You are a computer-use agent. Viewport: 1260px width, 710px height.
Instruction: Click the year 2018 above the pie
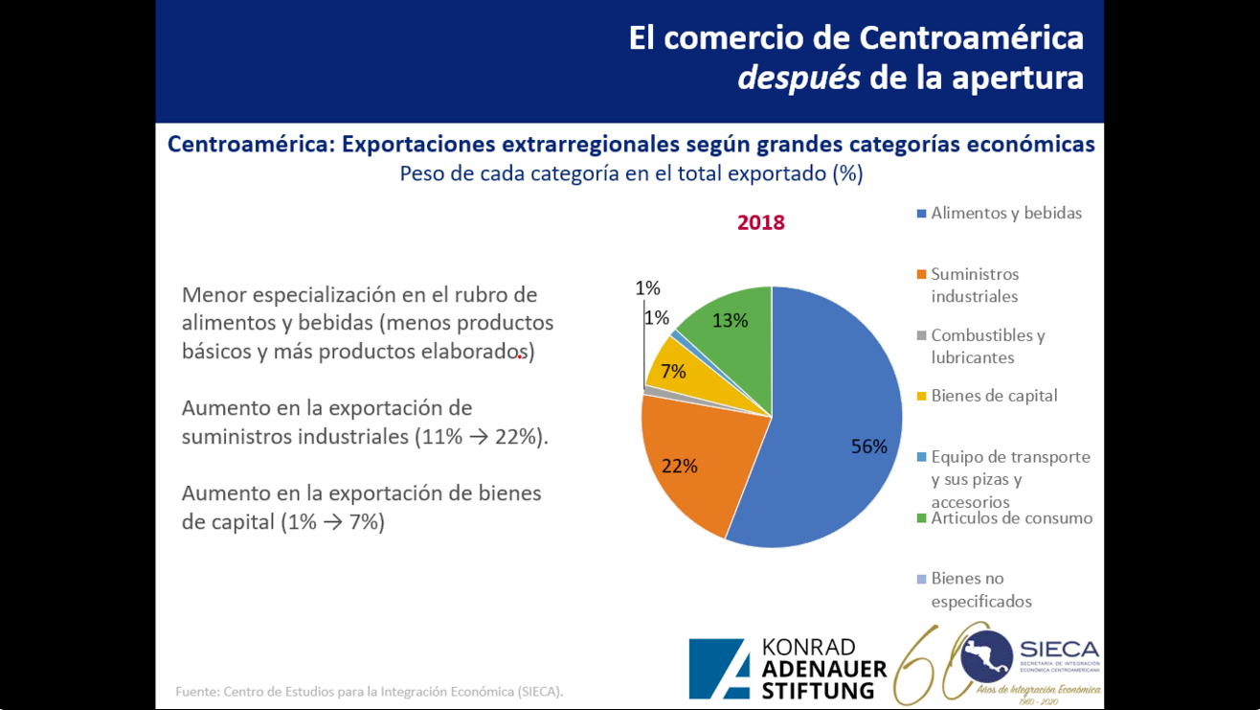[760, 222]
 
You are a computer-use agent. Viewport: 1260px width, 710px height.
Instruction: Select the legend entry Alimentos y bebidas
[1005, 213]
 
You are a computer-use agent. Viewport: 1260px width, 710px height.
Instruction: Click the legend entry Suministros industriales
[974, 285]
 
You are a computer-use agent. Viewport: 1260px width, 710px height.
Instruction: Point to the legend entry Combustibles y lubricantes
[986, 346]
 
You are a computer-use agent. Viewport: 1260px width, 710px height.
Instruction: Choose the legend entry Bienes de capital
[994, 396]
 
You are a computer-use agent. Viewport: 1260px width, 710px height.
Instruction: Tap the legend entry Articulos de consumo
[1011, 518]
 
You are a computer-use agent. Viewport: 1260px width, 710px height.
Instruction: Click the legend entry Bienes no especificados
[980, 589]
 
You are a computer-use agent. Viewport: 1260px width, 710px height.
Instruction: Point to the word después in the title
[799, 78]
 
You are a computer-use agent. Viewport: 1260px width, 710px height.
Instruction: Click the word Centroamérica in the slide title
[971, 37]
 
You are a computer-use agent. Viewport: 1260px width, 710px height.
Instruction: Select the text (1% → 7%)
[333, 522]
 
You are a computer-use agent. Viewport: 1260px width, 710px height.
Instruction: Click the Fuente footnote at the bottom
[370, 691]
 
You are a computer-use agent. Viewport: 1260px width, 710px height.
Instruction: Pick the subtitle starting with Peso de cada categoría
[631, 174]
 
